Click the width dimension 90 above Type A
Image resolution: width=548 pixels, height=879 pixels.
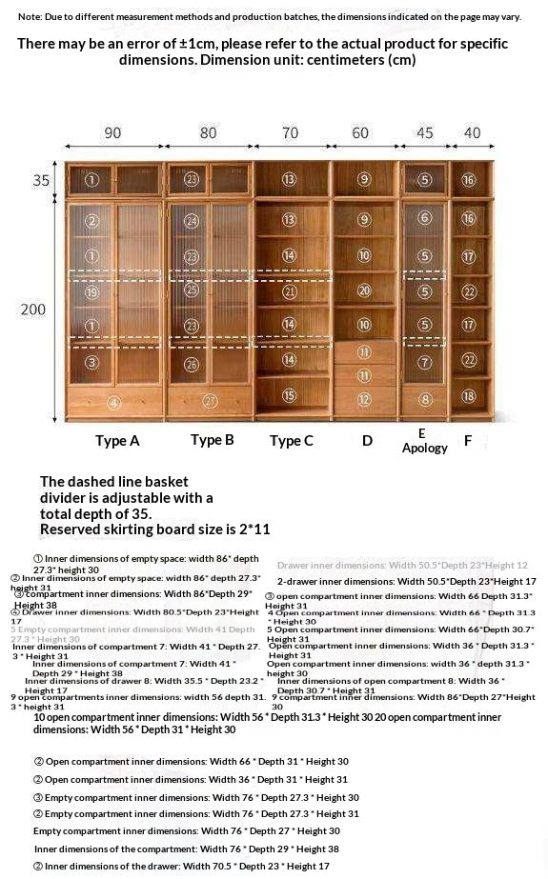112,133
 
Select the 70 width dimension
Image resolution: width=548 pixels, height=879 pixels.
290,133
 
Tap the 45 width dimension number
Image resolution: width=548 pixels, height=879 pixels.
424,133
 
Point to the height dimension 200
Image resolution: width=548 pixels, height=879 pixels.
33,310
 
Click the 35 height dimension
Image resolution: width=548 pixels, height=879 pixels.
40,180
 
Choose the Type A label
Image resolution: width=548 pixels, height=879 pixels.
117,441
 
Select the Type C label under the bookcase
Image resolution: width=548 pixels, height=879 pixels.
291,441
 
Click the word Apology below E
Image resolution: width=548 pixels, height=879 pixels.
424,448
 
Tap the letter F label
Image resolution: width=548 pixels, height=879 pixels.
468,441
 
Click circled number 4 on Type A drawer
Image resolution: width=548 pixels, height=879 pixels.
113,402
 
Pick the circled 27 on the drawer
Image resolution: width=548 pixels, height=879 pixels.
211,401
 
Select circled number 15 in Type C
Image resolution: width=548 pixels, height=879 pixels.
289,395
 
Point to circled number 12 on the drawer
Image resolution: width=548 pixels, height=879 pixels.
364,399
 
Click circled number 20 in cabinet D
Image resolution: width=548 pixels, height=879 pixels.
364,290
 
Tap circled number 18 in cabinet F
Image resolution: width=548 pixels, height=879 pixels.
468,395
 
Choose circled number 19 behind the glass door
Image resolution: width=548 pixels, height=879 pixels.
91,292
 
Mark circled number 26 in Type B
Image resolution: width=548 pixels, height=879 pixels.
192,364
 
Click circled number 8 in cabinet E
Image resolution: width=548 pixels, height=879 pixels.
425,399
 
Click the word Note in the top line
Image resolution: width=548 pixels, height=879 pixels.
30,17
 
